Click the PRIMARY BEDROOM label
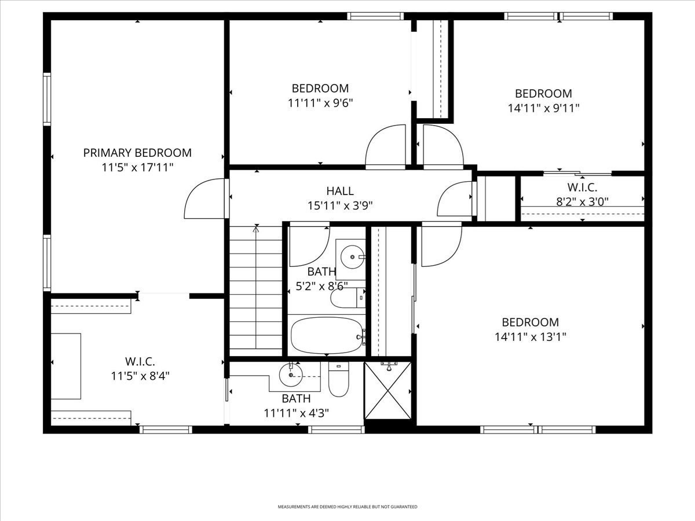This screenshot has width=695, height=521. point(137,153)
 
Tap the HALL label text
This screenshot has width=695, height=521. point(340,191)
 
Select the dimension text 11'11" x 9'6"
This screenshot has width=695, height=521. point(320,103)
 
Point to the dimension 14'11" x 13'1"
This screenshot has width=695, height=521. point(531,337)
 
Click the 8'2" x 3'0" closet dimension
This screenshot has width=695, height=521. point(582,201)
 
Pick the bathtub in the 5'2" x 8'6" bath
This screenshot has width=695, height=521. point(328,335)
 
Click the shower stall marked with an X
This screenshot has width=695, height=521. point(388,391)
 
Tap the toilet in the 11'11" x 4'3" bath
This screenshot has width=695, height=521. point(338,379)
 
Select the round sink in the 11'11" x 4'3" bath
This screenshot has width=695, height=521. point(291,375)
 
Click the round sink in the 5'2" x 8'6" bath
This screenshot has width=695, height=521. point(352,257)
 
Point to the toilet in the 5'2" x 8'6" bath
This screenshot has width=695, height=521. point(348,298)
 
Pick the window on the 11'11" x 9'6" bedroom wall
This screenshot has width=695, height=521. point(375,16)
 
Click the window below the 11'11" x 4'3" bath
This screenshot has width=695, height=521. point(336,430)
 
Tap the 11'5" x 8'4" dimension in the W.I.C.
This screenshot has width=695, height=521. point(140,376)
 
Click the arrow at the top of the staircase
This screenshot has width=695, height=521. point(256,229)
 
